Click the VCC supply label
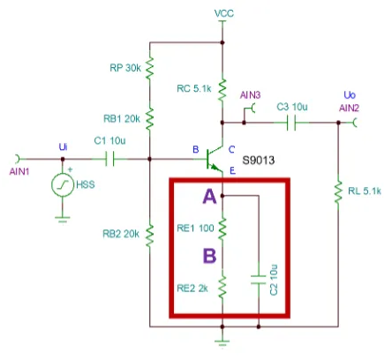click(224, 13)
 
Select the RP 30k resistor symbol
click(149, 68)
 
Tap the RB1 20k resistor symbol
click(149, 119)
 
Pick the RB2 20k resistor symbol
click(149, 235)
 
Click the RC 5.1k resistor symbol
click(222, 89)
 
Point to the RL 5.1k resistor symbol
click(338, 191)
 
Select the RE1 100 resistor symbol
click(222, 228)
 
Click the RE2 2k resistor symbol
click(222, 287)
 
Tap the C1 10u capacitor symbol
click(110, 159)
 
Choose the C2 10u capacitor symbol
click(259, 280)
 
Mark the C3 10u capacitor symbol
click(291, 123)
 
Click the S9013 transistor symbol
click(215, 159)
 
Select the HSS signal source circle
click(63, 184)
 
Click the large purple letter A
click(209, 197)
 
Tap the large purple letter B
click(209, 255)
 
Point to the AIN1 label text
click(19, 171)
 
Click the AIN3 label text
click(250, 95)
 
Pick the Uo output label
click(350, 95)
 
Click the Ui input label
click(63, 146)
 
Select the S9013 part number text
click(259, 161)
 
